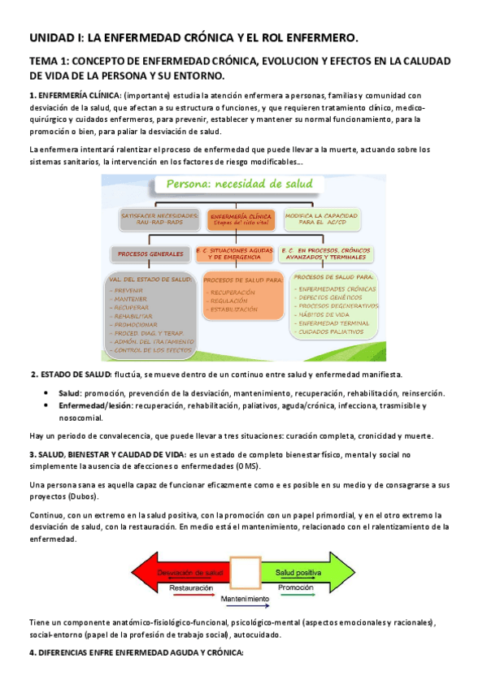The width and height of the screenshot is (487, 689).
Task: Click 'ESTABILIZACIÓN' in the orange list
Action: [x=235, y=310]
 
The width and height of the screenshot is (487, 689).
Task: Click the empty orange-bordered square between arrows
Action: [x=245, y=573]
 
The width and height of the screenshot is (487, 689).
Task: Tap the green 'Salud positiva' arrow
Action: [x=303, y=572]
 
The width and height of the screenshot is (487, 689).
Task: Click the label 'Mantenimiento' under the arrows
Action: [x=245, y=599]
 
